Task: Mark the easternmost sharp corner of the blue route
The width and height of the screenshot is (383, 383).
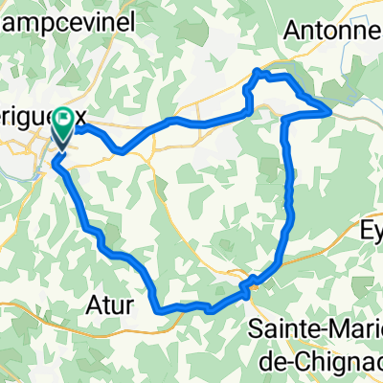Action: coord(331,112)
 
